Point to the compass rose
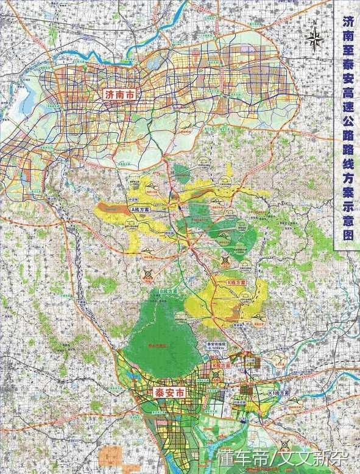click(x=316, y=40)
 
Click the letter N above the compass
click(x=316, y=23)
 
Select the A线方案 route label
click(x=141, y=209)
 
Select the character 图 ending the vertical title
click(x=347, y=235)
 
